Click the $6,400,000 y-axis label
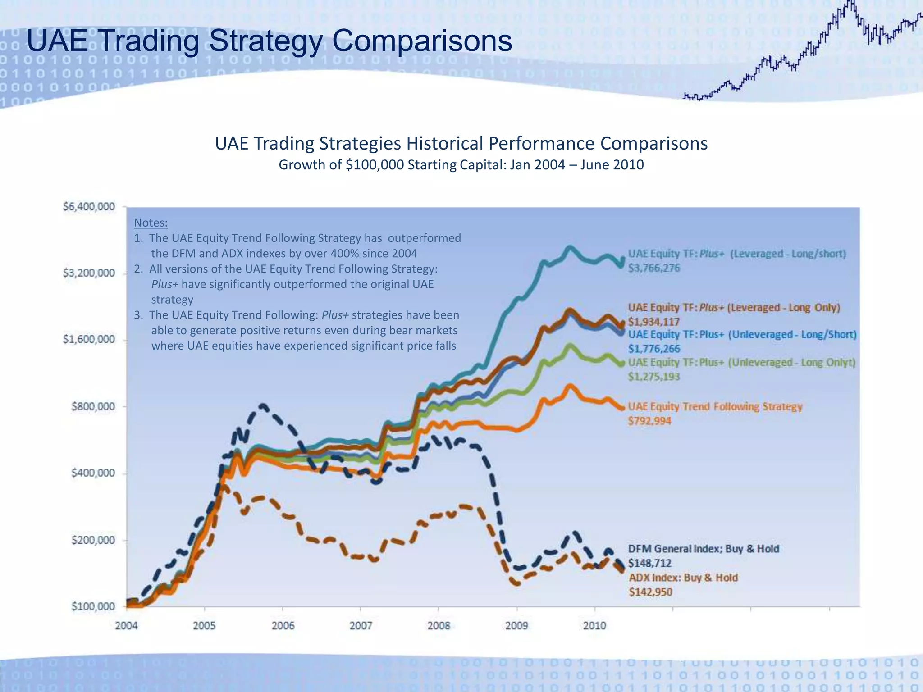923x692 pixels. coord(89,207)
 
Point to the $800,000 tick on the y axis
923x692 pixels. coord(93,407)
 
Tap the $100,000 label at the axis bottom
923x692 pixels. coord(93,606)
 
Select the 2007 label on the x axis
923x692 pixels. coord(361,626)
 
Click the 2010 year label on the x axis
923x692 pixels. coord(594,626)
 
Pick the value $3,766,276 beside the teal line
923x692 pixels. coord(654,268)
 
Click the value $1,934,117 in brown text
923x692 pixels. coord(654,322)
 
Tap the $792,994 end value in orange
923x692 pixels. coord(649,421)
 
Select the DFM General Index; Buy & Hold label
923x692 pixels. coord(704,549)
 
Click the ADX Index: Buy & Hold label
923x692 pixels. coord(683,578)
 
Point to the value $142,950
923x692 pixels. coord(650,592)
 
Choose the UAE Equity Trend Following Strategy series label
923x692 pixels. coord(715,406)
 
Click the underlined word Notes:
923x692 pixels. coord(151,223)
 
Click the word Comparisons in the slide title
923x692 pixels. coord(422,41)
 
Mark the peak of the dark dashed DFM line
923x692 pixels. coord(263,406)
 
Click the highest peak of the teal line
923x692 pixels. coord(570,247)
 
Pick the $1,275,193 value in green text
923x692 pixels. coord(654,377)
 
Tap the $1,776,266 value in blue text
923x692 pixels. coord(654,349)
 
